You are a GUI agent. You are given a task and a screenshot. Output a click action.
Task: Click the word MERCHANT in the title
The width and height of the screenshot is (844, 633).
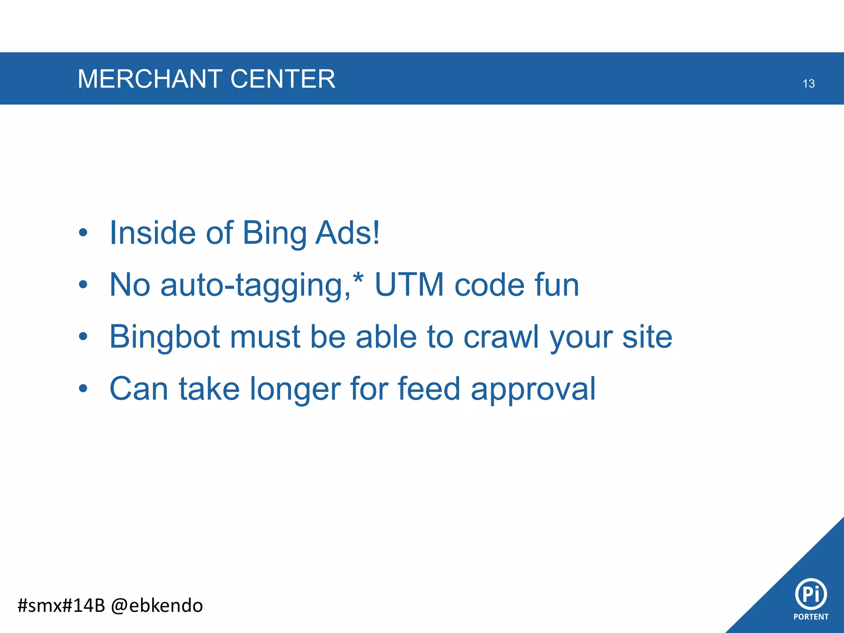click(150, 79)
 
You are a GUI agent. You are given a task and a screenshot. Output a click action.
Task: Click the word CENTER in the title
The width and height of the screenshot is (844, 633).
click(283, 79)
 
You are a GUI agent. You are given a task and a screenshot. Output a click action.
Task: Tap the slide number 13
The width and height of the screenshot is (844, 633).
click(809, 84)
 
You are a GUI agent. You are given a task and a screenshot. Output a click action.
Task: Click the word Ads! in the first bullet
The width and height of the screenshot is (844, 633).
click(347, 233)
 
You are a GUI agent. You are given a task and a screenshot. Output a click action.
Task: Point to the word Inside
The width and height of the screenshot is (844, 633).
click(152, 233)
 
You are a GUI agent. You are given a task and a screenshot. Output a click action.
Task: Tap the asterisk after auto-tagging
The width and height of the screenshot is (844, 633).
click(359, 277)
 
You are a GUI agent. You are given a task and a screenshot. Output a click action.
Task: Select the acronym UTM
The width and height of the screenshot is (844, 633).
click(409, 285)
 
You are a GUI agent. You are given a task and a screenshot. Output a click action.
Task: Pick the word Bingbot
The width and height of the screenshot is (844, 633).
click(164, 337)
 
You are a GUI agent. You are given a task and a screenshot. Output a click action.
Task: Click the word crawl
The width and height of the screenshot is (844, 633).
click(501, 337)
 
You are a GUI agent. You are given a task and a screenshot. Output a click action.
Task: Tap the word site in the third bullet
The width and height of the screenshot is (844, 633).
click(647, 337)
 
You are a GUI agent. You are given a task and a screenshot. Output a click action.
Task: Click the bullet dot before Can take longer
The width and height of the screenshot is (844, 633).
click(83, 389)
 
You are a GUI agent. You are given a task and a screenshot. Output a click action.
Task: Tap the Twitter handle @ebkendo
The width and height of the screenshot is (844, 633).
click(157, 605)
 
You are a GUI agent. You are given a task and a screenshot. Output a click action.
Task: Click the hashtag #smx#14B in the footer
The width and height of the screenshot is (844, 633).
click(61, 605)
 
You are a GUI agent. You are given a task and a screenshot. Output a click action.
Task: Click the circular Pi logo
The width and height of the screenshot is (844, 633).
click(811, 594)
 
